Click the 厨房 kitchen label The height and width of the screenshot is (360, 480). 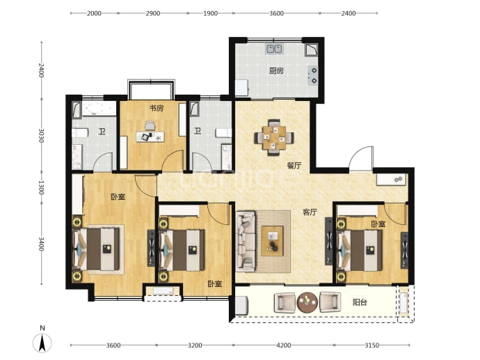(x=276, y=71)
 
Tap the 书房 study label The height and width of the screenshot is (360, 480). (x=156, y=108)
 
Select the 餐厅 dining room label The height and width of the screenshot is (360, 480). (x=294, y=166)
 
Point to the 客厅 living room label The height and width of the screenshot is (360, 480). (x=310, y=212)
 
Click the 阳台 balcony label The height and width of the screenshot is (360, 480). (x=360, y=302)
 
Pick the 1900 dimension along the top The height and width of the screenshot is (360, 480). (x=210, y=13)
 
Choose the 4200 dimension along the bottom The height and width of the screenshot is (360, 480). (x=283, y=345)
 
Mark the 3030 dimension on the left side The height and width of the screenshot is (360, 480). (x=41, y=135)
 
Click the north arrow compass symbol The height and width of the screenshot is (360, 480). (x=42, y=342)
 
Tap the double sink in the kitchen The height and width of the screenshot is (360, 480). (x=274, y=49)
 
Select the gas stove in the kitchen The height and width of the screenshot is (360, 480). (x=312, y=76)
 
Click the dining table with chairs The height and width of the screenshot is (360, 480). (x=274, y=138)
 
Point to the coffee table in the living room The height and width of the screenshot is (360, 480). (x=272, y=241)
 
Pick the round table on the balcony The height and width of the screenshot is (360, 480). (x=307, y=302)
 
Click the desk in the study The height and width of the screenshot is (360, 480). (x=150, y=136)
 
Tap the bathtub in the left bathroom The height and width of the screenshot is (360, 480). (x=95, y=109)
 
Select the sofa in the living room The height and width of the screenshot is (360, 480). (x=246, y=242)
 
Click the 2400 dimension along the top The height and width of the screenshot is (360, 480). (x=349, y=13)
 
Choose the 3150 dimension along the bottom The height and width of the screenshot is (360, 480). (x=372, y=345)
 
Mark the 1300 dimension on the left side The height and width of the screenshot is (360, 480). (x=41, y=187)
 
